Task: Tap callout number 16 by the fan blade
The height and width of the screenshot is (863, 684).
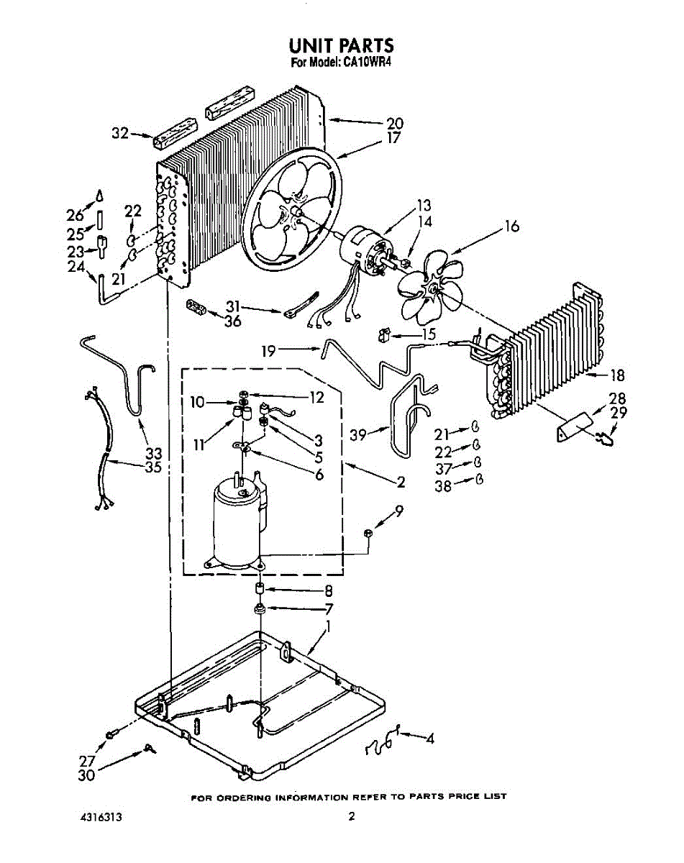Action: [511, 227]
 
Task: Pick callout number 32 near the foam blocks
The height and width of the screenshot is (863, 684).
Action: [119, 132]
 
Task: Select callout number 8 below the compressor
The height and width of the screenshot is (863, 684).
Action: [328, 590]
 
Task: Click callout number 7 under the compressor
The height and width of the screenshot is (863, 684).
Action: [329, 608]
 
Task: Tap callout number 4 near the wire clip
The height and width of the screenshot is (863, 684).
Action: [429, 738]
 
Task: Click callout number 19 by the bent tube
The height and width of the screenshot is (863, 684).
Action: [269, 352]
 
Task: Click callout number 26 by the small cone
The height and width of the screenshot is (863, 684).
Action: [76, 214]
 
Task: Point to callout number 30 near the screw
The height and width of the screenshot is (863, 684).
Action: [86, 776]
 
